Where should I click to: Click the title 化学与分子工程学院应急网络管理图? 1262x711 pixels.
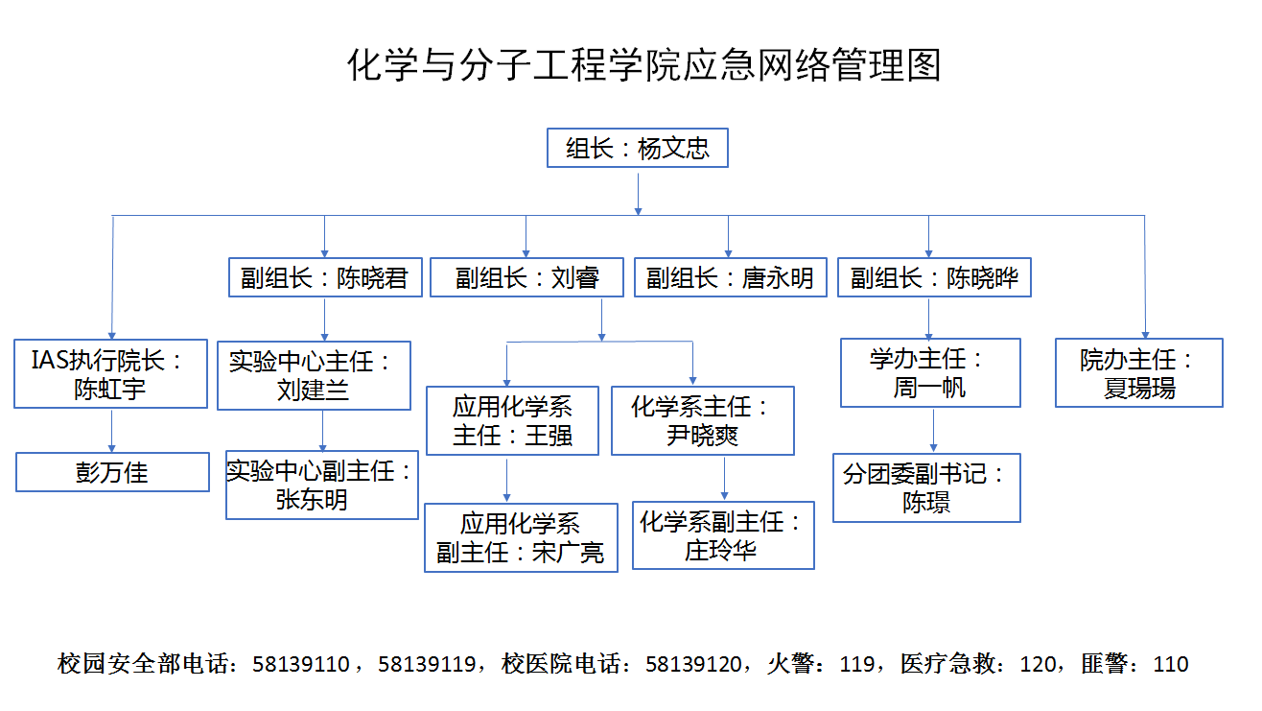pyautogui.click(x=643, y=65)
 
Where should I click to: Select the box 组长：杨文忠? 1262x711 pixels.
pyautogui.click(x=637, y=149)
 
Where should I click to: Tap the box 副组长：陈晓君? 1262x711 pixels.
pyautogui.click(x=325, y=277)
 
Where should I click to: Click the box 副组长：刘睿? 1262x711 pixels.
pyautogui.click(x=526, y=277)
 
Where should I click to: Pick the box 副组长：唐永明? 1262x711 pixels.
pyautogui.click(x=730, y=277)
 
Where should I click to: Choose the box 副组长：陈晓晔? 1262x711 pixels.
pyautogui.click(x=934, y=277)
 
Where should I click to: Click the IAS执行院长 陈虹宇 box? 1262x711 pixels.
pyautogui.click(x=110, y=374)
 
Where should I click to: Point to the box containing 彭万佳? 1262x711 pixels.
pyautogui.click(x=112, y=472)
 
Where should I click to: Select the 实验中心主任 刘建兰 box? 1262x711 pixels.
pyautogui.click(x=314, y=375)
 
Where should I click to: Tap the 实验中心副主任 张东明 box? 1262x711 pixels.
pyautogui.click(x=321, y=485)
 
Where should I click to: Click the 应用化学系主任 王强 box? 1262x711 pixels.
pyautogui.click(x=512, y=420)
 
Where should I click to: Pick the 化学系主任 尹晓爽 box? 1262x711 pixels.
pyautogui.click(x=703, y=420)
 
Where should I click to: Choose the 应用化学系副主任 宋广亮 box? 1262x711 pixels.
pyautogui.click(x=521, y=538)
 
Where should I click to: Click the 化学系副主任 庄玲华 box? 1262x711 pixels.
pyautogui.click(x=723, y=535)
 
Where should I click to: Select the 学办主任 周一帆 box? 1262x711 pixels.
pyautogui.click(x=930, y=372)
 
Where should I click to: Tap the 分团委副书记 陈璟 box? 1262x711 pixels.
pyautogui.click(x=926, y=487)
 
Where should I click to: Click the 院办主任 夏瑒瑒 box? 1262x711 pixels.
pyautogui.click(x=1138, y=372)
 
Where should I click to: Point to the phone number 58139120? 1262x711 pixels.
pyautogui.click(x=693, y=664)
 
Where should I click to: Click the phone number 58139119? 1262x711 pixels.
pyautogui.click(x=427, y=664)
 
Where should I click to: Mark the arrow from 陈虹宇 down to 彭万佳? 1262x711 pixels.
pyautogui.click(x=111, y=431)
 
